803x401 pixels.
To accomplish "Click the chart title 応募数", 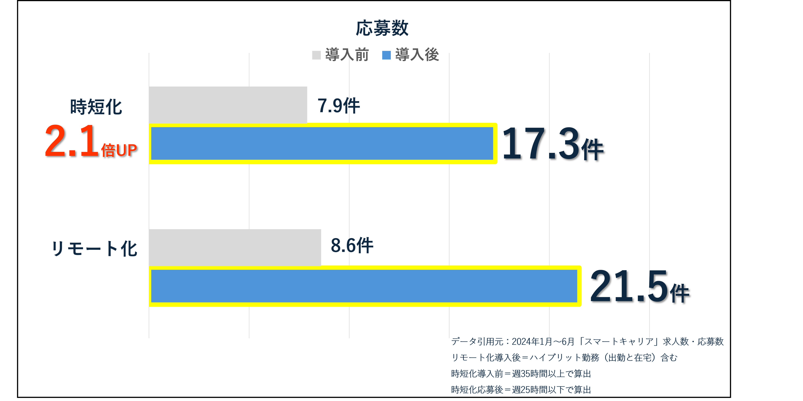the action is [382, 28].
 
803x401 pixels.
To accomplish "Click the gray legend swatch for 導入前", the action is [316, 55].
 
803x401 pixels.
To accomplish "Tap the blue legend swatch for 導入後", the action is [386, 55].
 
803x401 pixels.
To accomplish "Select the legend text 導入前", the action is [347, 55].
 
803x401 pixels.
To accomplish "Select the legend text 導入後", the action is [417, 55].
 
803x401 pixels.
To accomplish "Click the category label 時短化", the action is [96, 107].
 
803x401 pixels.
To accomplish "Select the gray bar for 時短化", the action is [228, 104].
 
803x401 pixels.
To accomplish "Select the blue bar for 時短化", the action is [323, 143].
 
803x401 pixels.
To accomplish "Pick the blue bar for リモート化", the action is [365, 286].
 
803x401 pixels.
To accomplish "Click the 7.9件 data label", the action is [338, 106].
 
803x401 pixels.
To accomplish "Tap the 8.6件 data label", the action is [352, 246].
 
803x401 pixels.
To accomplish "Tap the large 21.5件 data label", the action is [639, 287].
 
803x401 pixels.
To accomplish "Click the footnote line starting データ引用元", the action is [587, 342].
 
